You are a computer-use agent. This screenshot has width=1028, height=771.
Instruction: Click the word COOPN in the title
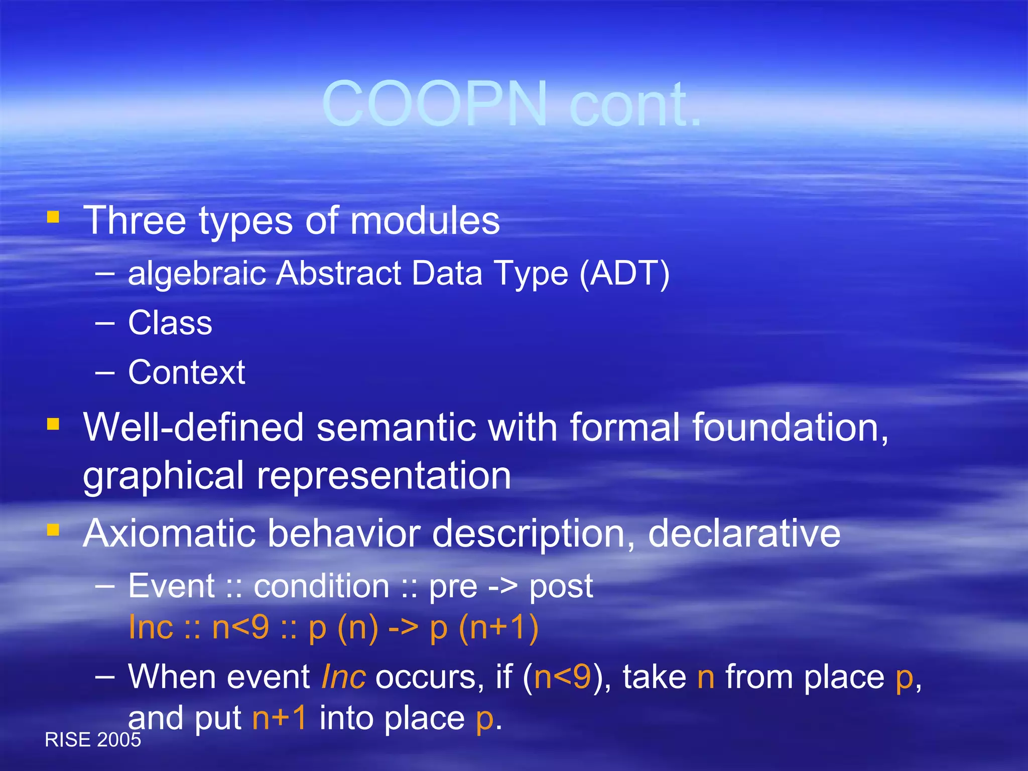(435, 104)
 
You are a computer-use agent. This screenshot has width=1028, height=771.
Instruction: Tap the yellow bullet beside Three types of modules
(53, 217)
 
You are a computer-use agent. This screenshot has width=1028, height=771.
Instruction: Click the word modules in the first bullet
(425, 221)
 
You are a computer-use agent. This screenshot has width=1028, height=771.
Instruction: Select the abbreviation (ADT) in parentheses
(624, 274)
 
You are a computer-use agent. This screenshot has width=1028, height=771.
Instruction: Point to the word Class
(170, 323)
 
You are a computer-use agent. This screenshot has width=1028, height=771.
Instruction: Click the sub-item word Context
(186, 372)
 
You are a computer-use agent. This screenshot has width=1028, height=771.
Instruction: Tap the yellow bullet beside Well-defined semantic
(53, 425)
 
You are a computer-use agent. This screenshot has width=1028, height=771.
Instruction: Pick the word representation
(384, 476)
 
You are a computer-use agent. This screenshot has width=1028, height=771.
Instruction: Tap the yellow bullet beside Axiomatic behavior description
(53, 530)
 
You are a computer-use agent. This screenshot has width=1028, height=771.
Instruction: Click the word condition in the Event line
(321, 586)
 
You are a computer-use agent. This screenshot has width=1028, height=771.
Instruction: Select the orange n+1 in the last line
(280, 718)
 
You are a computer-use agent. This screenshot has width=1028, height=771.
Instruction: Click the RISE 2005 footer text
(93, 740)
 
